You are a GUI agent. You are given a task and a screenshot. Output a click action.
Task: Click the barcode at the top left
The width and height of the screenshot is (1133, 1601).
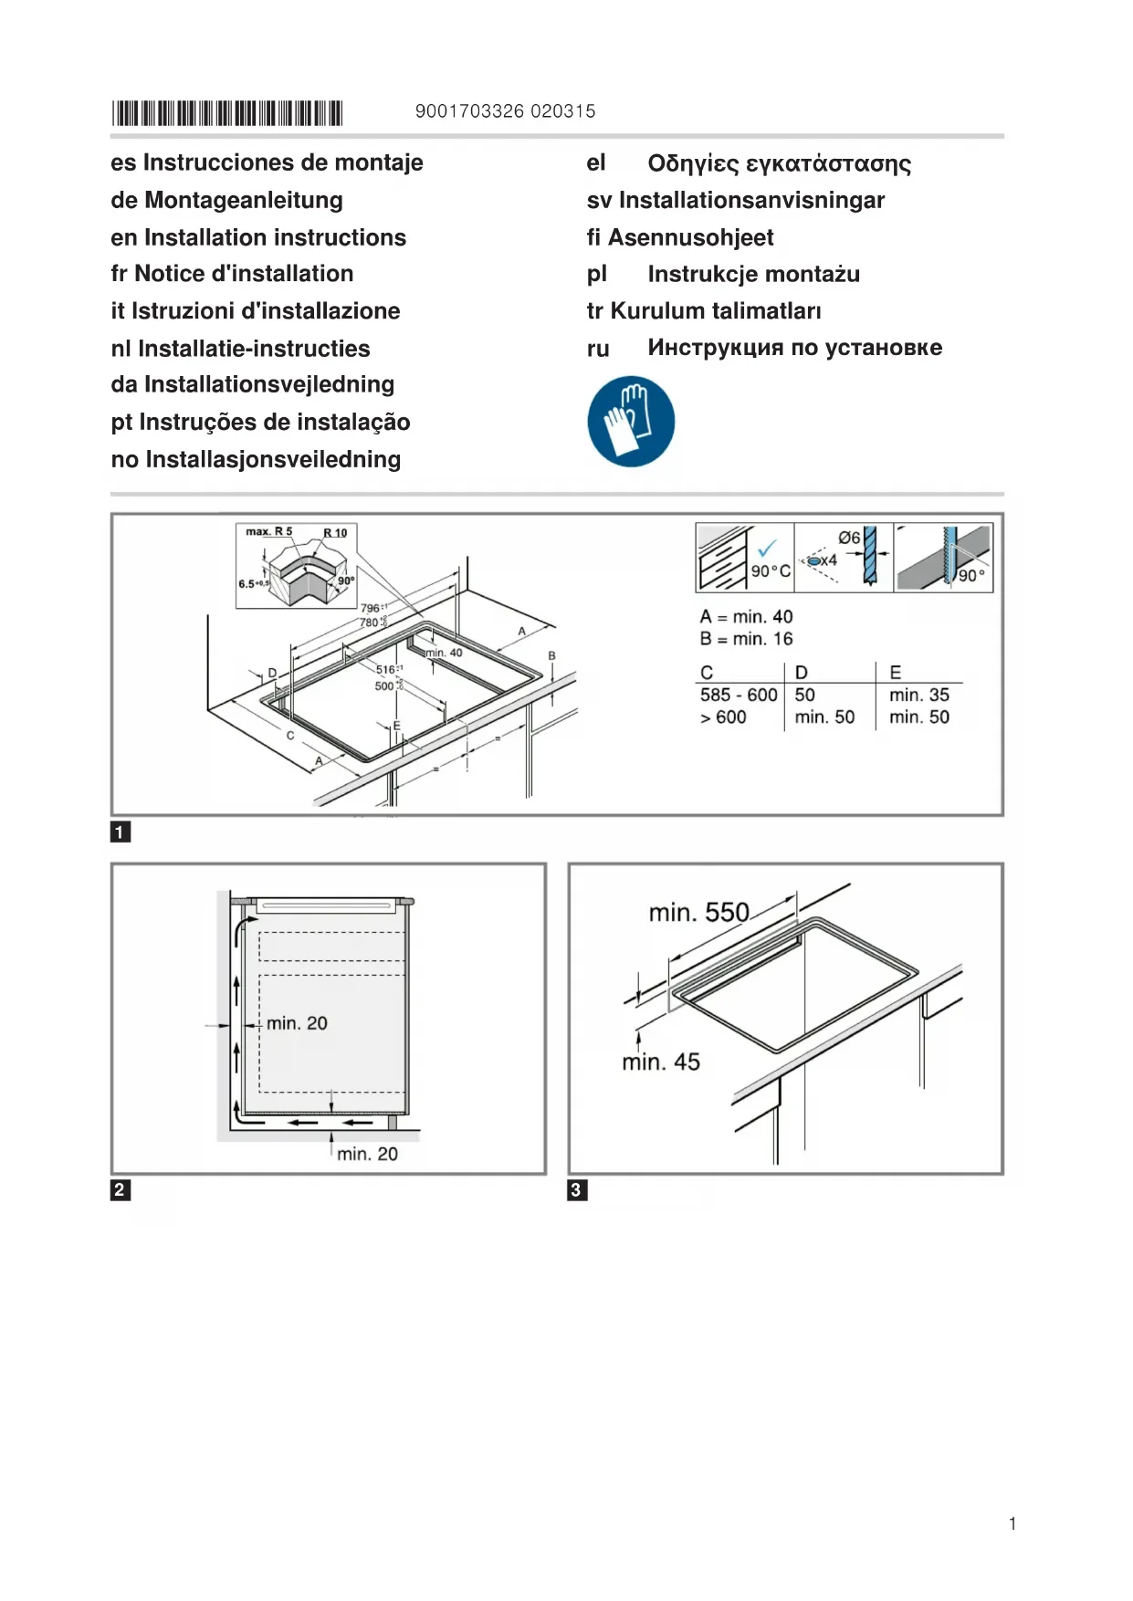[226, 113]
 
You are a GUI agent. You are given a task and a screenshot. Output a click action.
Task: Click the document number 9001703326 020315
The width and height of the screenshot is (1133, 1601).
[505, 111]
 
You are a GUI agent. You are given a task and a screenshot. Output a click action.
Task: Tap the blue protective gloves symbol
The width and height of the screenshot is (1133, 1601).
[631, 422]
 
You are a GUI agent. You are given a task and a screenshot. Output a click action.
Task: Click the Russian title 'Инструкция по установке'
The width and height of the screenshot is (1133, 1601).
[794, 348]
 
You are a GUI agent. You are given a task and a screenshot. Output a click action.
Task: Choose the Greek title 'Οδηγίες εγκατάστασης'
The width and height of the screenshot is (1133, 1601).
[779, 163]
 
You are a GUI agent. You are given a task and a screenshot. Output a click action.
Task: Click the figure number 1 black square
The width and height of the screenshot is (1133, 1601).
[121, 832]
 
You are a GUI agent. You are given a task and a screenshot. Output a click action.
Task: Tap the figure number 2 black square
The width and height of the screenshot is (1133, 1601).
[121, 1189]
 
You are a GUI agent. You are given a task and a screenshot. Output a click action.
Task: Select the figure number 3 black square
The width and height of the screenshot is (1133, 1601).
[577, 1189]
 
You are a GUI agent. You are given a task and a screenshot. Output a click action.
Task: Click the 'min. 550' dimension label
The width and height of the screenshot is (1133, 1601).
[698, 912]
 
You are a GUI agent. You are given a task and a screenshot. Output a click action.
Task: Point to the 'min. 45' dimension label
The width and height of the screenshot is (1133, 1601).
[661, 1062]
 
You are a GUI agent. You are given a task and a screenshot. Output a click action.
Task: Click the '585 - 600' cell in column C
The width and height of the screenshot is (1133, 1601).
[739, 695]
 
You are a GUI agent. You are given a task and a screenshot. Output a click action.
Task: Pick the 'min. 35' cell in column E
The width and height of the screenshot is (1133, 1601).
[918, 695]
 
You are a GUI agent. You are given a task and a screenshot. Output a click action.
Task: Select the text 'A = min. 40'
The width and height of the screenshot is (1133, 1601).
[746, 617]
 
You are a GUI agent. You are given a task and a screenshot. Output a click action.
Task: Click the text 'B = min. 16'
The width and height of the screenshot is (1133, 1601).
[746, 639]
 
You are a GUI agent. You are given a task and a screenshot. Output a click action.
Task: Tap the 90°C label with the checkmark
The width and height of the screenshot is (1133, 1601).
[770, 570]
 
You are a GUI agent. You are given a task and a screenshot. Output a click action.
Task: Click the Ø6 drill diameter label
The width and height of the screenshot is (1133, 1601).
[849, 538]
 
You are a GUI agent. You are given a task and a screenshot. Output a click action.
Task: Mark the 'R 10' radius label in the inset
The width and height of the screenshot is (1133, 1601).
[335, 533]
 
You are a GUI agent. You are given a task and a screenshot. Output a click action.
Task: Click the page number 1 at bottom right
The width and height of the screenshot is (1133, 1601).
[1012, 1523]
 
